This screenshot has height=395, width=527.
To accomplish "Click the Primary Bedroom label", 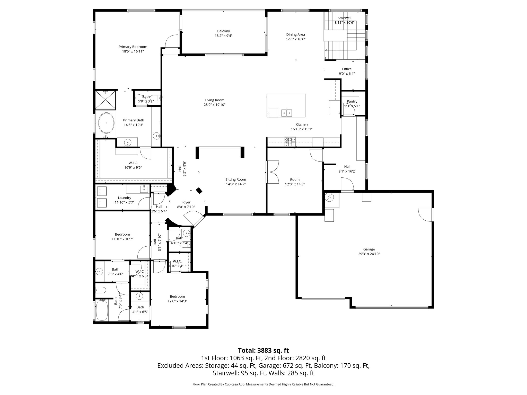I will pyautogui.click(x=133, y=47).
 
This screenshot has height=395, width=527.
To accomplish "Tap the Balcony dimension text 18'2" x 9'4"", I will pyautogui.click(x=223, y=36).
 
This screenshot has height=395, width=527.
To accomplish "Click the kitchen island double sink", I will pyautogui.click(x=286, y=112).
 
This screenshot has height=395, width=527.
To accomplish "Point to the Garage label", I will pyautogui.click(x=369, y=249).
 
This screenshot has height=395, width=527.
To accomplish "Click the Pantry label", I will pyautogui.click(x=352, y=101).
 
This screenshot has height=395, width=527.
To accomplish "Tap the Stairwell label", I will pyautogui.click(x=344, y=18).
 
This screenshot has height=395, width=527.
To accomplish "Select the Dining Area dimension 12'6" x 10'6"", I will pyautogui.click(x=295, y=39).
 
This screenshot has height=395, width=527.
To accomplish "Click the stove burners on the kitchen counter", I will pyautogui.click(x=290, y=141).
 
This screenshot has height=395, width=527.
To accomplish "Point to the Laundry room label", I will pyautogui.click(x=125, y=198).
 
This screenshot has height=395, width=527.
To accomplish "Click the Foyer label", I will pyautogui.click(x=186, y=202).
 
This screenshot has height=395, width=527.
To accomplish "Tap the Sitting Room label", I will pyautogui.click(x=235, y=179).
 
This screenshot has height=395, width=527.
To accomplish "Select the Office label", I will pyautogui.click(x=347, y=69).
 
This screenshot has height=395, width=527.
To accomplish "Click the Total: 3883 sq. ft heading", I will pyautogui.click(x=263, y=351).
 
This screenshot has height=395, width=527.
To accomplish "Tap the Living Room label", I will pyautogui.click(x=214, y=100).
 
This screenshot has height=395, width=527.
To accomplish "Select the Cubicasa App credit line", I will pyautogui.click(x=263, y=384).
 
